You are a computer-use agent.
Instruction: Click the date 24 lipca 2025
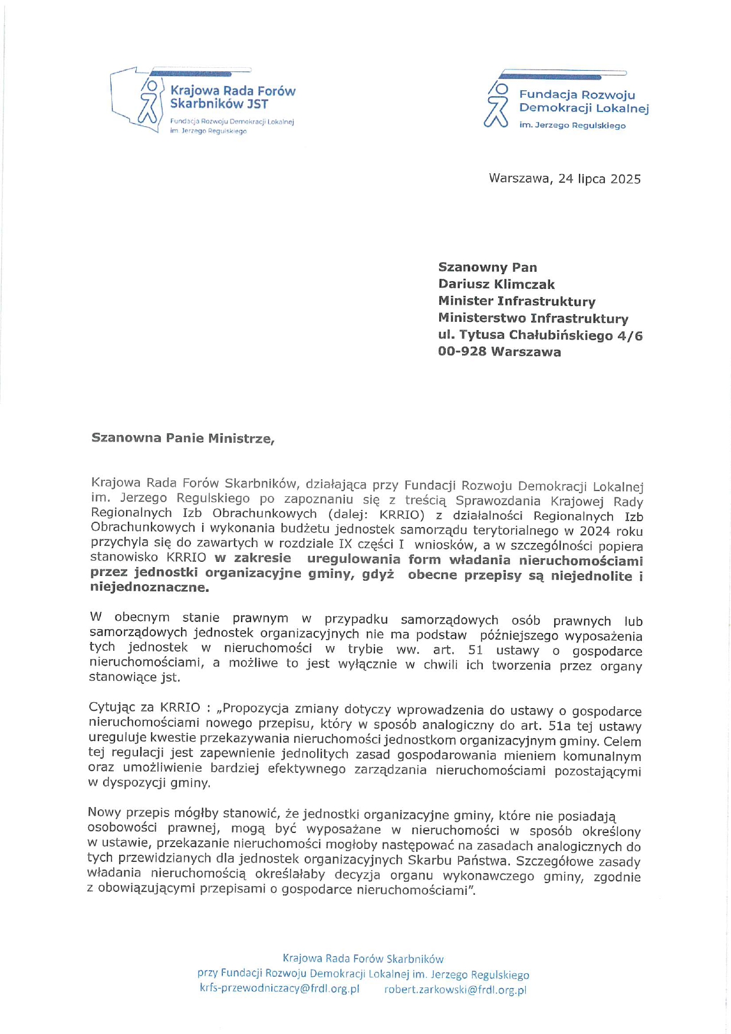pos(599,179)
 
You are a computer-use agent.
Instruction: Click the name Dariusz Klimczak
pos(496,285)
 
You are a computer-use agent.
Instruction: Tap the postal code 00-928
pos(462,352)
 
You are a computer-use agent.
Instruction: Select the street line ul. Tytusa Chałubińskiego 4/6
pos(540,335)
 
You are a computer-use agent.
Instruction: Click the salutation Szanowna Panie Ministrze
pos(183,438)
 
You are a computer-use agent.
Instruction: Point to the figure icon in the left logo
pos(149,100)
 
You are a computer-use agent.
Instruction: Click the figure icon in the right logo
pos(496,106)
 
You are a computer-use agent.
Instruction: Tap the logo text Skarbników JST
pos(219,104)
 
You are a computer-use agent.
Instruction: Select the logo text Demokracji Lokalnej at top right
pos(584,108)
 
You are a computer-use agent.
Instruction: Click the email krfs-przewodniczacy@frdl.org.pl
pos(279,989)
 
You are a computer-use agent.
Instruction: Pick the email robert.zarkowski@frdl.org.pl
pos(455,990)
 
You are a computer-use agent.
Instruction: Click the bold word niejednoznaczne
pos(149,587)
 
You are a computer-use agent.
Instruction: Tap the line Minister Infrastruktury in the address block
pos(516,301)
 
